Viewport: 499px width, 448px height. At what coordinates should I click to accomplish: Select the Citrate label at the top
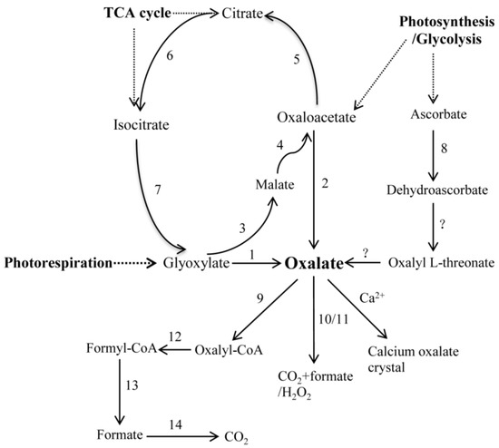click(x=256, y=15)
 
